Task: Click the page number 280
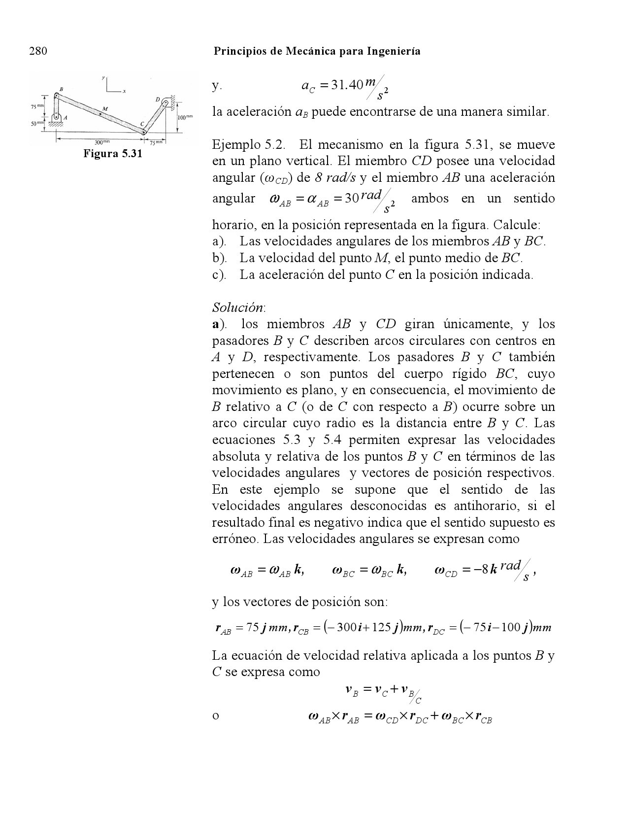[38, 51]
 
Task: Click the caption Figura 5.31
[113, 154]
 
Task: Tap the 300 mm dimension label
[101, 142]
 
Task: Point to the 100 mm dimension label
[185, 118]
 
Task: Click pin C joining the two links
[143, 132]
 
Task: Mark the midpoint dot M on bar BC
[100, 114]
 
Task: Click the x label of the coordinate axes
[124, 91]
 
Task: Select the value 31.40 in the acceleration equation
[347, 86]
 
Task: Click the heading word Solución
[239, 307]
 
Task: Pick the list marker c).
[219, 275]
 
